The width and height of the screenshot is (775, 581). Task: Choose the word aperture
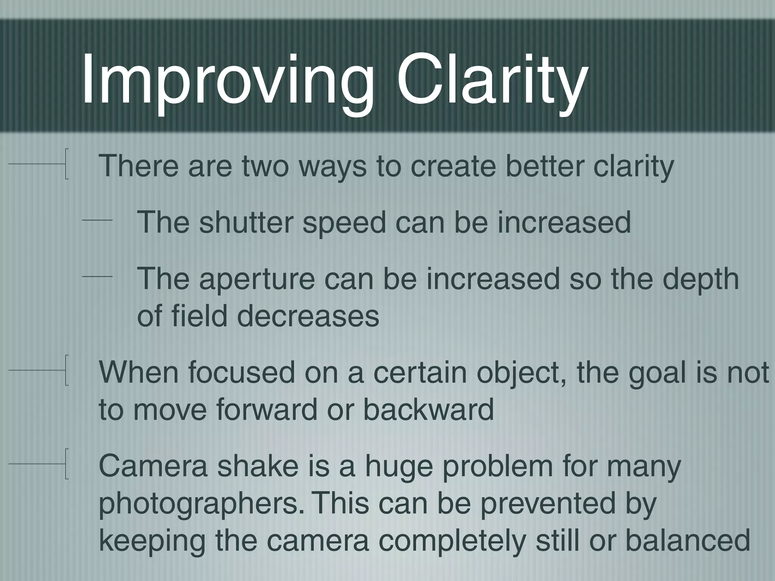[x=257, y=279]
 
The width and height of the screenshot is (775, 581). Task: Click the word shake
[x=258, y=466]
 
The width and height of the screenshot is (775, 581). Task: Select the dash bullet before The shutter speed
[x=97, y=220]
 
